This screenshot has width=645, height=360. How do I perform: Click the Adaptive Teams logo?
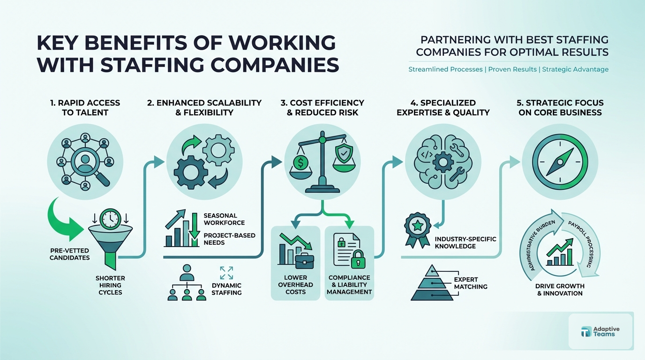[600, 331]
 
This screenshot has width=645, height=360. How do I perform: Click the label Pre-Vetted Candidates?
[69, 254]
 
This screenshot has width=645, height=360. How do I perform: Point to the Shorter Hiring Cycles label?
[110, 285]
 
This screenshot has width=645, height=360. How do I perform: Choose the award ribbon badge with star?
[417, 229]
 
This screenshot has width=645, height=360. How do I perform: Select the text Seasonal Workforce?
[224, 219]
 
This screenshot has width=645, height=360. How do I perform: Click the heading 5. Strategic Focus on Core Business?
[560, 107]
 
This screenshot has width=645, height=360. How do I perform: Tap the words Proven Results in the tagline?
[512, 69]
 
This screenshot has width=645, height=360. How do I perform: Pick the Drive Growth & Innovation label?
[560, 289]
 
